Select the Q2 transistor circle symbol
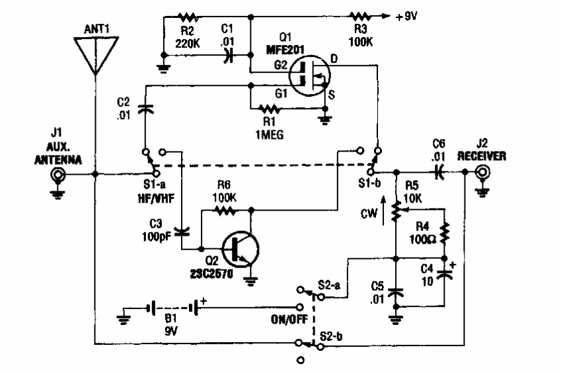coord(239,249)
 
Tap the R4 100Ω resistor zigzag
coord(444,232)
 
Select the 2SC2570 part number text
coord(206,271)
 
